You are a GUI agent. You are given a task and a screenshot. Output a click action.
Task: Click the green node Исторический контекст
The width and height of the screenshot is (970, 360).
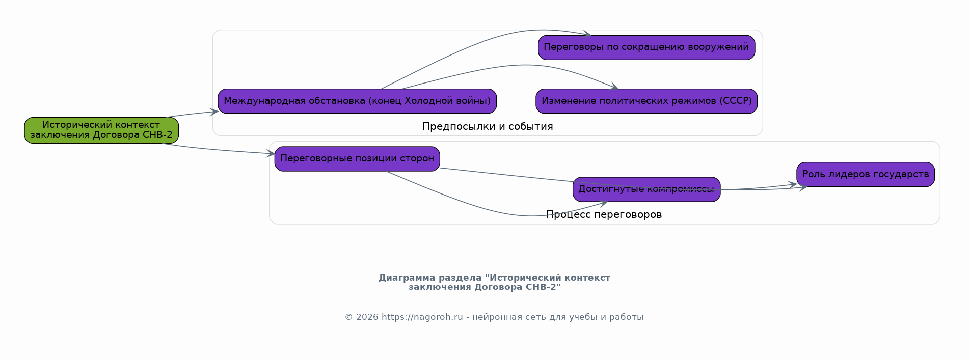tap(101, 130)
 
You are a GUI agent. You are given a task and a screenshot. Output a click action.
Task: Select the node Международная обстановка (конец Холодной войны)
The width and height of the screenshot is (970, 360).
tap(357, 101)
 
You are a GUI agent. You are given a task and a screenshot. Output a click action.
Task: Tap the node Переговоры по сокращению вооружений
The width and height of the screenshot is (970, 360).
tap(646, 47)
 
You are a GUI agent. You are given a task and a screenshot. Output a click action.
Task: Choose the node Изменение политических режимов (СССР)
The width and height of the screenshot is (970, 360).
tap(646, 101)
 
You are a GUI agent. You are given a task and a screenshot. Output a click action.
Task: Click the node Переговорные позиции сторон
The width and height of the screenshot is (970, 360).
tap(357, 159)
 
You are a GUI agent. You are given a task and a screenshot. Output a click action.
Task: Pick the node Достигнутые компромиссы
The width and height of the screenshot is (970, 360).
tap(646, 189)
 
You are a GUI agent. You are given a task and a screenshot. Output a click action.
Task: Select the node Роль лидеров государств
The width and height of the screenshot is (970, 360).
tap(866, 175)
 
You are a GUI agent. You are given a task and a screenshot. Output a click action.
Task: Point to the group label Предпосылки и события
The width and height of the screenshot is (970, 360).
tap(488, 126)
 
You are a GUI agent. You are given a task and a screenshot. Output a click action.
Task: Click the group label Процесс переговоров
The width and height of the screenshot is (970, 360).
tap(604, 215)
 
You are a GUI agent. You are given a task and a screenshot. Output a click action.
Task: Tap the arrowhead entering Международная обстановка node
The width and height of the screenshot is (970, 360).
tap(214, 112)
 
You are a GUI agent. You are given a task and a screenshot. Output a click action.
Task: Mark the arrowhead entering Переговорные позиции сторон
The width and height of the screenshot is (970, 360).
tap(271, 153)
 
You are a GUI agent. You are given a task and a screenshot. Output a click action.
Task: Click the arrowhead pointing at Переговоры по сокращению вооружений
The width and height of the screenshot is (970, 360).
tap(587, 34)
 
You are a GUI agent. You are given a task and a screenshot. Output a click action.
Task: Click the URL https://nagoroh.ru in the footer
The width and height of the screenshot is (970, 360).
tap(422, 317)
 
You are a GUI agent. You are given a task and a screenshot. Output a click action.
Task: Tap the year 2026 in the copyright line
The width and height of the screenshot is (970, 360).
tap(367, 317)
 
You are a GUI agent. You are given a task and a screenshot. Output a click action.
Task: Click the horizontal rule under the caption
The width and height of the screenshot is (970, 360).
tap(494, 301)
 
